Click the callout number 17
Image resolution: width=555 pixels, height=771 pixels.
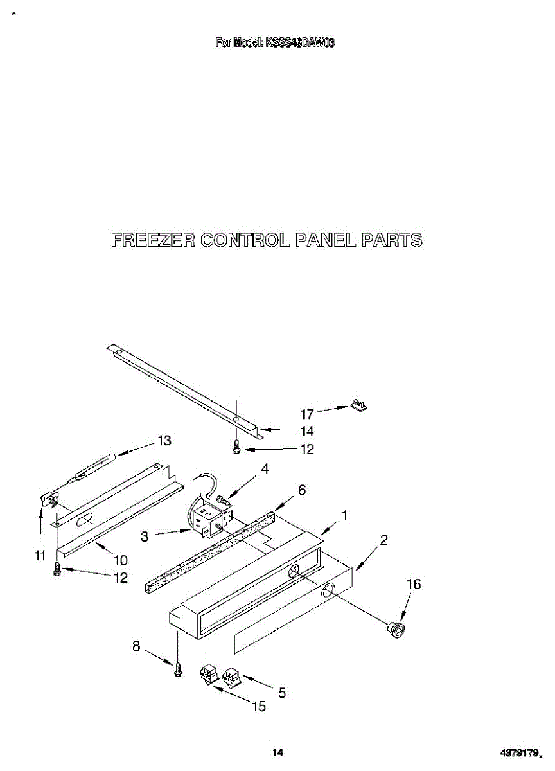(308, 414)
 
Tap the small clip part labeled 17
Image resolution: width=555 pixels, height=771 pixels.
(358, 405)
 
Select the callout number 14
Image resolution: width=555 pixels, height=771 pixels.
(308, 432)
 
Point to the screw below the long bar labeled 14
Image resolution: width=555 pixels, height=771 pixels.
(236, 447)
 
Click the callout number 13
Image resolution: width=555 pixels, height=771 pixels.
(165, 441)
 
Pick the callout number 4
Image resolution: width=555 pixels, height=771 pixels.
(265, 470)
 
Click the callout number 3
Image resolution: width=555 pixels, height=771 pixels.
(145, 536)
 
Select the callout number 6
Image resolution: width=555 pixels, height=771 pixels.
(301, 491)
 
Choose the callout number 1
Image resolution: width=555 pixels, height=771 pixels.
(345, 515)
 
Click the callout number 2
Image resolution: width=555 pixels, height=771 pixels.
(383, 540)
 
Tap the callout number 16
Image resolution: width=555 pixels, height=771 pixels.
(414, 584)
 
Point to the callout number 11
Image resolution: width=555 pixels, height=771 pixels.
(40, 556)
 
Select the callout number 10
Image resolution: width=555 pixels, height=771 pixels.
(120, 560)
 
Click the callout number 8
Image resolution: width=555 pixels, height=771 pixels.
(136, 647)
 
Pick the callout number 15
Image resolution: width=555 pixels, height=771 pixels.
(258, 707)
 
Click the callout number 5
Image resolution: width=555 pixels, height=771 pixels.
(281, 693)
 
